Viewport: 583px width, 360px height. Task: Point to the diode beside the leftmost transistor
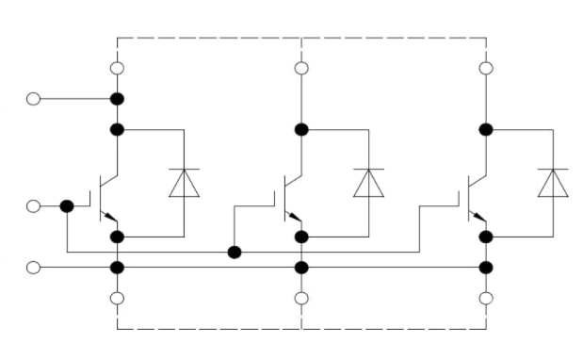click(x=184, y=183)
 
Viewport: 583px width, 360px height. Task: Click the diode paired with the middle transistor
click(x=368, y=183)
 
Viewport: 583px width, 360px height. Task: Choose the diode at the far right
click(x=553, y=183)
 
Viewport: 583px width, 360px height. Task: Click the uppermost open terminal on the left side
click(x=34, y=99)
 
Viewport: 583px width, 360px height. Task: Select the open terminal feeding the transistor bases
click(x=34, y=206)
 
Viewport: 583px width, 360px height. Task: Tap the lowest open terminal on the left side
click(x=34, y=268)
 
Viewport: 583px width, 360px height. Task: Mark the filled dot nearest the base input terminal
click(x=67, y=206)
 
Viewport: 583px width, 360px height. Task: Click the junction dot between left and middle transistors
click(x=235, y=252)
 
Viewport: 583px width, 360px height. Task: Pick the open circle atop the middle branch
click(x=301, y=68)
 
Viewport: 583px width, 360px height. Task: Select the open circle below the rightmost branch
click(x=486, y=299)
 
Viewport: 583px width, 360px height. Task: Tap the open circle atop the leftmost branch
click(x=117, y=68)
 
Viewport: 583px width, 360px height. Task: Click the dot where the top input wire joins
click(x=117, y=99)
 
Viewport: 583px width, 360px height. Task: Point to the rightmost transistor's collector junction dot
click(x=486, y=129)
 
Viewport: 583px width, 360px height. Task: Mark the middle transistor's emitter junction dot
click(x=301, y=237)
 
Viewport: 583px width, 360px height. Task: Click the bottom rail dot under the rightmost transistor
click(x=486, y=268)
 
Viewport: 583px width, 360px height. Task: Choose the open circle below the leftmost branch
click(x=117, y=299)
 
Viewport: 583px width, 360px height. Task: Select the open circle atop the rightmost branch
click(x=486, y=68)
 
